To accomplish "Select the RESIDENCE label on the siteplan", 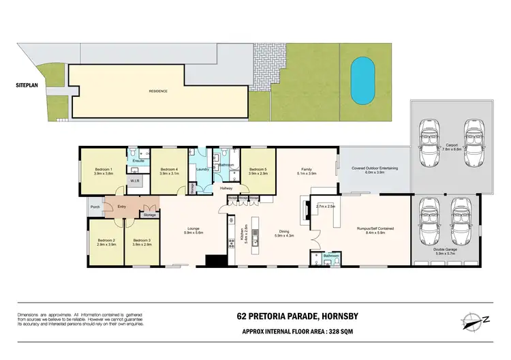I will [158, 91].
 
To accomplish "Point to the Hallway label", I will [226, 188].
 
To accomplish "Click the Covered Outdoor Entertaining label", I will [375, 167].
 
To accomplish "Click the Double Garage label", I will [446, 250].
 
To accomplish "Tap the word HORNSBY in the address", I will [315, 316].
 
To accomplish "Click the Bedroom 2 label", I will [107, 239].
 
